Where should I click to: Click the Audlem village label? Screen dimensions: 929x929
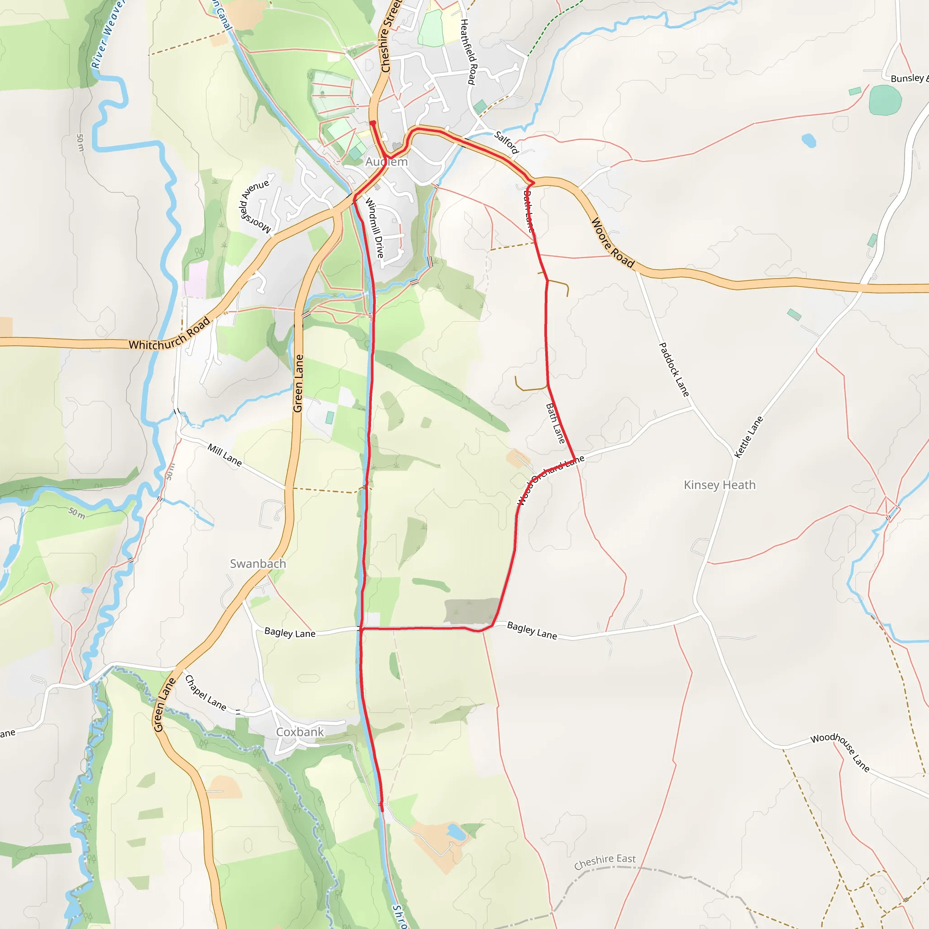point(386,162)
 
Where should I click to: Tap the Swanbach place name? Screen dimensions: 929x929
point(258,563)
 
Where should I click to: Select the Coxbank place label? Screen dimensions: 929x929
point(299,732)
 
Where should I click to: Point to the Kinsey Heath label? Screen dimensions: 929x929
point(719,485)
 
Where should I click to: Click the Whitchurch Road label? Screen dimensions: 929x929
point(169,334)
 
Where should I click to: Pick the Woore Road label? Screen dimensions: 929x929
point(612,242)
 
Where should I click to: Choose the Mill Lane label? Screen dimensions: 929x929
point(225,455)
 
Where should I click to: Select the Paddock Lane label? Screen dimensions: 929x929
point(674,369)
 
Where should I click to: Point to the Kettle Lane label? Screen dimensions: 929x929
point(748,437)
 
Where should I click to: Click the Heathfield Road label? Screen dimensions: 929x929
point(468,52)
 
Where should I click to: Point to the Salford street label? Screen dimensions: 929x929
point(506,142)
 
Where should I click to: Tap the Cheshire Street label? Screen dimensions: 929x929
point(390,36)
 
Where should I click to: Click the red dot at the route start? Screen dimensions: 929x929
point(373,123)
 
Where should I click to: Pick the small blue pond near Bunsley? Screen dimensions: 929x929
point(809,141)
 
